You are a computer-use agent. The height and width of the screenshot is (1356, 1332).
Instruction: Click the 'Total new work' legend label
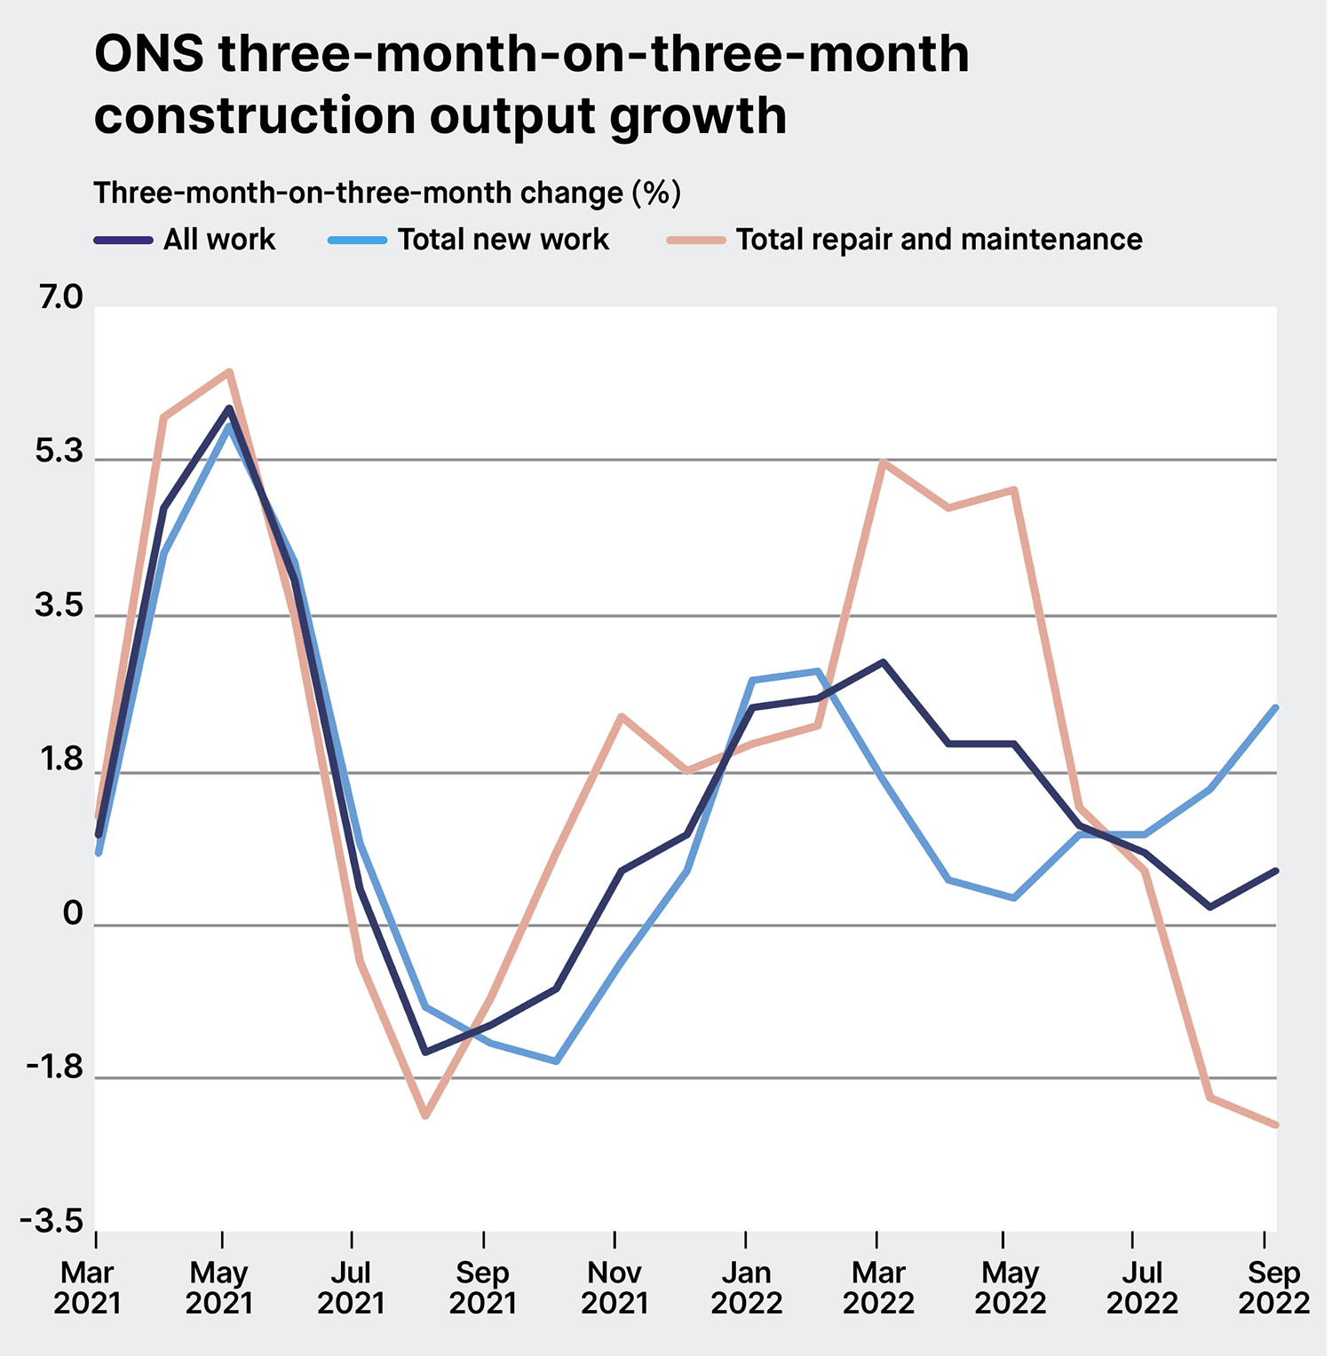pos(503,240)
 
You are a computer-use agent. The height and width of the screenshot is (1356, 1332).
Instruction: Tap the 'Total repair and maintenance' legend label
pos(939,240)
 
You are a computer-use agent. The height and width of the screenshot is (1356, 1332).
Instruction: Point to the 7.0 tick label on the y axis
pos(60,298)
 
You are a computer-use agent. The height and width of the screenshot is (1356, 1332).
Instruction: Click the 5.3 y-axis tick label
pos(60,453)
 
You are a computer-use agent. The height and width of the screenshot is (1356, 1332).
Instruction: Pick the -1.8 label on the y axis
pos(55,1068)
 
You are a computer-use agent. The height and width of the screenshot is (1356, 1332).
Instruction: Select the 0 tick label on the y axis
pos(73,914)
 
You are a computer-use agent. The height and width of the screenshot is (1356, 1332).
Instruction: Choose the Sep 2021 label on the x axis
pos(482,1288)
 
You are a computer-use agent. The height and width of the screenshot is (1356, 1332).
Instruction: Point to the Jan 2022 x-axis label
pos(746,1288)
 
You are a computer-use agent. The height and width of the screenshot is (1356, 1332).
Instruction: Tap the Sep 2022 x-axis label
pos(1273,1288)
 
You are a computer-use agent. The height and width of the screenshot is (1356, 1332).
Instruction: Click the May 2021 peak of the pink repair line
pos(229,372)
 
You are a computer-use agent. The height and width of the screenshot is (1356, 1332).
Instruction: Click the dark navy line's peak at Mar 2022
pos(882,662)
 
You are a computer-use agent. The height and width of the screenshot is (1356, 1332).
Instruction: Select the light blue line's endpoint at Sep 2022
pos(1276,707)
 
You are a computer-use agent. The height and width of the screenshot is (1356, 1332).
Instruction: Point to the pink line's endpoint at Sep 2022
pos(1276,1125)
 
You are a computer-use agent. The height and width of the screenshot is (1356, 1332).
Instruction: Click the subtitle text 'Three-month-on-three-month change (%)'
pos(387,193)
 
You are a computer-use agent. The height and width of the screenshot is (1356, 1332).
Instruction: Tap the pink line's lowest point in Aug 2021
pos(425,1116)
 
